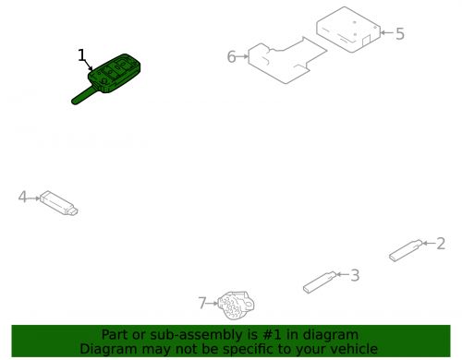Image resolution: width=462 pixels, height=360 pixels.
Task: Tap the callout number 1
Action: click(82, 55)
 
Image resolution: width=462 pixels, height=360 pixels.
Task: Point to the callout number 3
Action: click(354, 274)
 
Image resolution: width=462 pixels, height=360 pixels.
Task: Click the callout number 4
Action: click(22, 196)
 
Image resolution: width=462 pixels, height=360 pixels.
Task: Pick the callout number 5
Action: click(399, 34)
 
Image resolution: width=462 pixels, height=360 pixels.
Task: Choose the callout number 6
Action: click(232, 57)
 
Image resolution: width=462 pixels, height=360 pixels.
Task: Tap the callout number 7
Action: click(202, 302)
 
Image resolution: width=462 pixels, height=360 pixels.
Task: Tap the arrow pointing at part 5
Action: click(384, 34)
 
